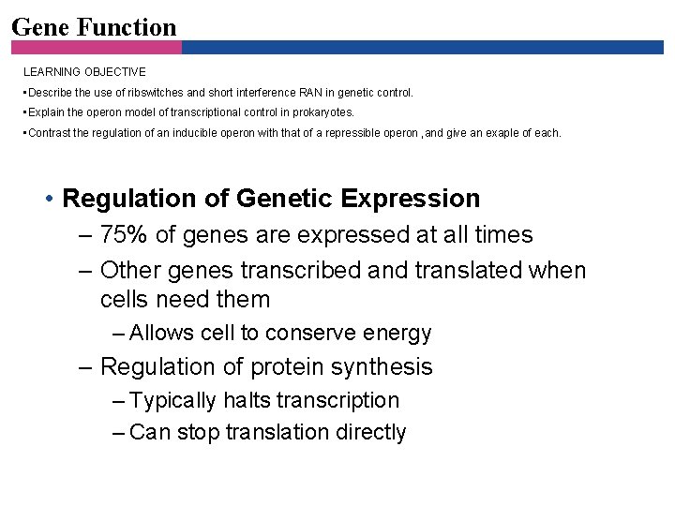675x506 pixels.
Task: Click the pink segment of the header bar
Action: pyautogui.click(x=94, y=47)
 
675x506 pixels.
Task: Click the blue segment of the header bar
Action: pyautogui.click(x=422, y=47)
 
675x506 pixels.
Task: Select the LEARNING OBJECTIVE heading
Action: pyautogui.click(x=84, y=72)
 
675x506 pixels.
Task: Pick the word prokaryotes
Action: pyautogui.click(x=324, y=112)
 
